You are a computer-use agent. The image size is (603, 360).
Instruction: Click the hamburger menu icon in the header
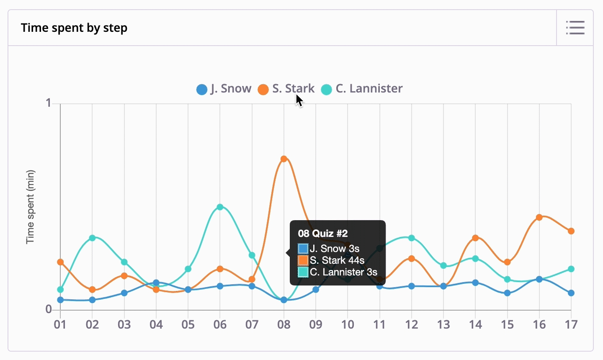coord(575,28)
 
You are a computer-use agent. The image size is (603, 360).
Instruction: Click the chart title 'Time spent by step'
coord(74,28)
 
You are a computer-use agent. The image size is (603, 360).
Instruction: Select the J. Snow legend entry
coord(224,89)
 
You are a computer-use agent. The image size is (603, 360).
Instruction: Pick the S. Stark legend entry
coord(286,89)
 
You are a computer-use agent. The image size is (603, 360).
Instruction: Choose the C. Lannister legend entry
coord(362,89)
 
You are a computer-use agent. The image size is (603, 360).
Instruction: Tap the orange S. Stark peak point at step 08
coord(284,159)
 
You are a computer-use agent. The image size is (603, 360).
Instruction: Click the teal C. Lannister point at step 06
coord(220,207)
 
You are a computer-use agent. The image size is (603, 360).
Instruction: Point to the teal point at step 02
coord(92,238)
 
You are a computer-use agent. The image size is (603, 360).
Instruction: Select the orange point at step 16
coord(539,217)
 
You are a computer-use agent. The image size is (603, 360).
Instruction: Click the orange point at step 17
coord(571,231)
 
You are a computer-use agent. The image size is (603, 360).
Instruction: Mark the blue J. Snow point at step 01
coord(60,300)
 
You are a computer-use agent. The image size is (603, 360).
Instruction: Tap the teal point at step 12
coord(412,238)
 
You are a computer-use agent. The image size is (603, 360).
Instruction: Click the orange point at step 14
coord(475,238)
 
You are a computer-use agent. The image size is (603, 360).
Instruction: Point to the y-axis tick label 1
coord(49,103)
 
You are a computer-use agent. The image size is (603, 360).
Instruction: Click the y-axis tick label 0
coord(49,309)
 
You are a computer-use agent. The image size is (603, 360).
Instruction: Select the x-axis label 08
coord(284,324)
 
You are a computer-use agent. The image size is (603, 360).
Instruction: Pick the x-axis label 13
coord(443,324)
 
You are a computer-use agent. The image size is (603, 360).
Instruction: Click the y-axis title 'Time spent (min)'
coord(30,207)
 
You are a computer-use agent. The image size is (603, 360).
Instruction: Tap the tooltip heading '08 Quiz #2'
coord(323,234)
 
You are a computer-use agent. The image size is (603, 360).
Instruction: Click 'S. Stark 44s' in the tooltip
coord(337,260)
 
